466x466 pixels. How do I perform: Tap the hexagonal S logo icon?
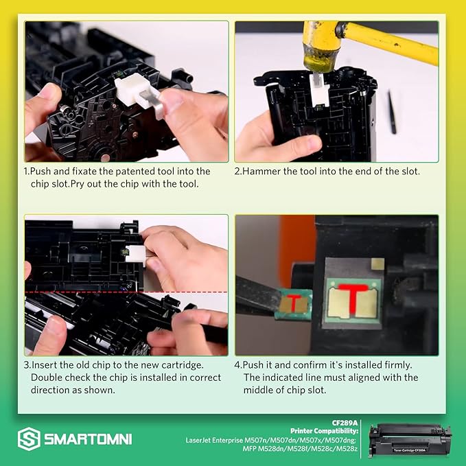(29, 439)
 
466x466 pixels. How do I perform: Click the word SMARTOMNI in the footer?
(88, 439)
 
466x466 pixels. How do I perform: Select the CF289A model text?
(345, 423)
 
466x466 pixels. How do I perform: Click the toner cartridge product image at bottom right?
(410, 439)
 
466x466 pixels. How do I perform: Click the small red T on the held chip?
(294, 303)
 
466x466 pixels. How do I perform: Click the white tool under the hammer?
(318, 91)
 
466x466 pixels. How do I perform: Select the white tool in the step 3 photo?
(135, 253)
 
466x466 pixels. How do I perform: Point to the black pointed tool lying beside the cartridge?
(392, 113)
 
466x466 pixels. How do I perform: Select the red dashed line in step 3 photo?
(126, 292)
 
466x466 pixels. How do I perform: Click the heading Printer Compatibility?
(324, 431)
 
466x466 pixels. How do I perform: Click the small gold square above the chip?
(377, 264)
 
